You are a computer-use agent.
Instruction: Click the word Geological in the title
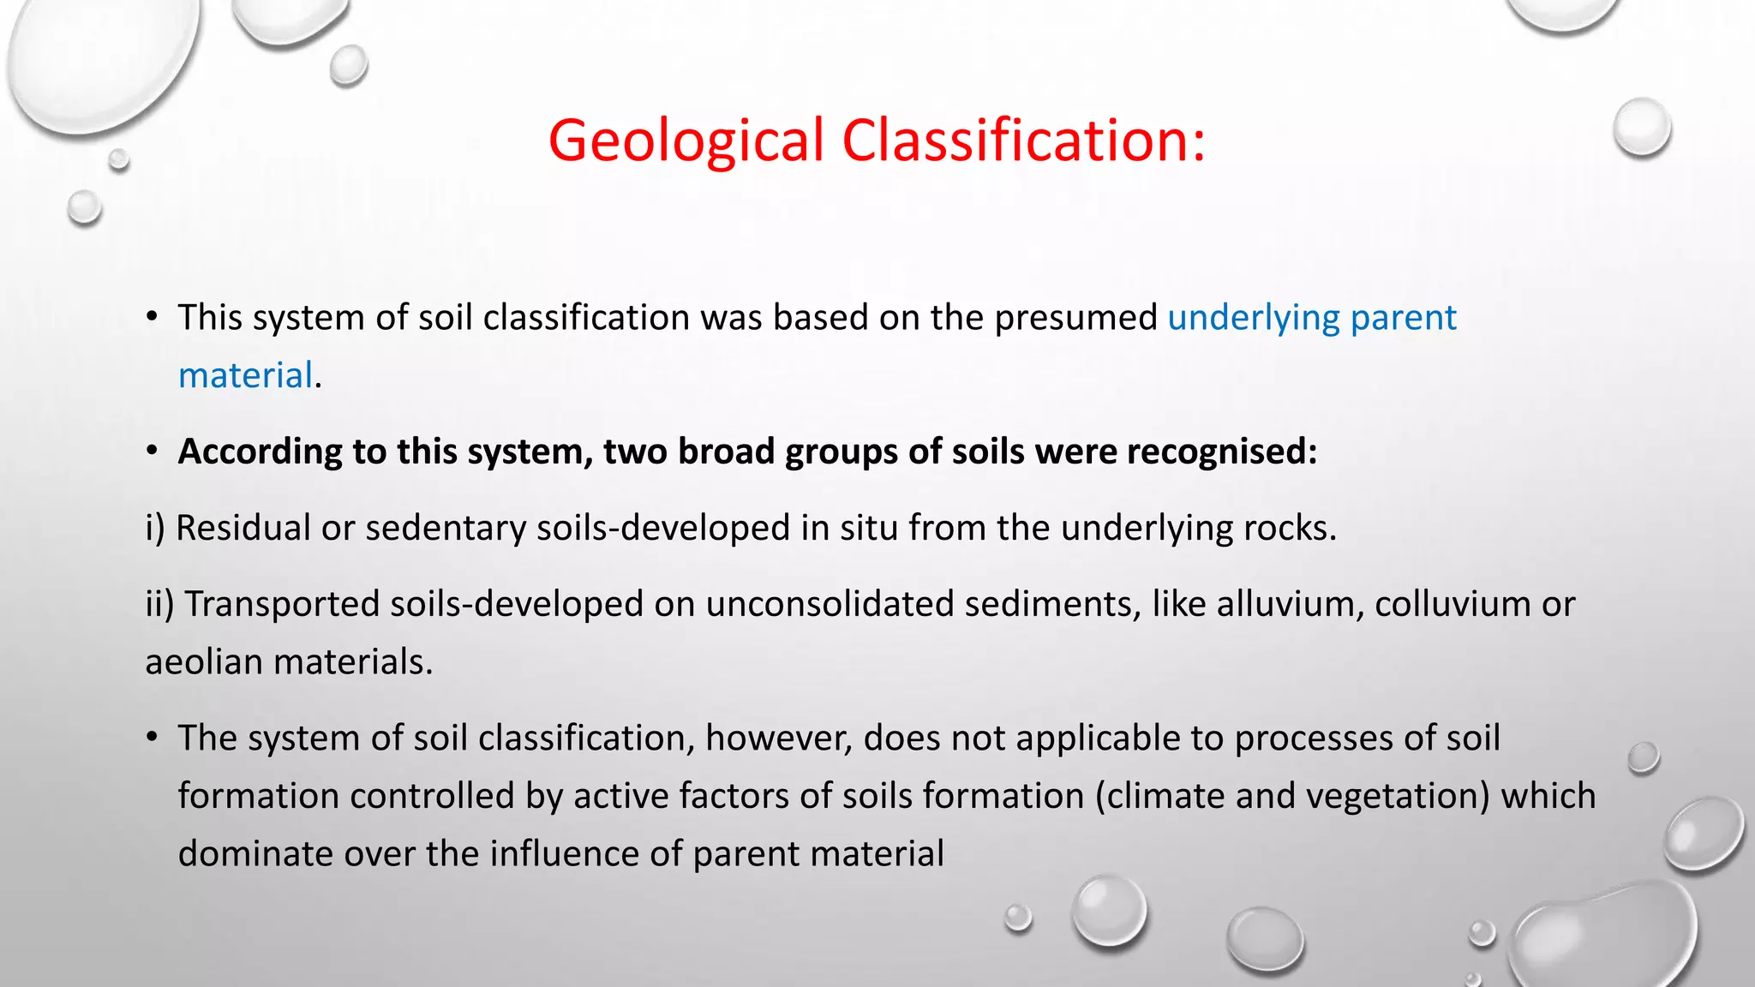pyautogui.click(x=686, y=141)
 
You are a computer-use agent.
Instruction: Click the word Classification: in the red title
pyautogui.click(x=1024, y=141)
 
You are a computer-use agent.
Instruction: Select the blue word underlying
pyautogui.click(x=1254, y=319)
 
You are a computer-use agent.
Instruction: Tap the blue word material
pyautogui.click(x=245, y=376)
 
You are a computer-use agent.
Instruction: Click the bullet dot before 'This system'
pyautogui.click(x=153, y=317)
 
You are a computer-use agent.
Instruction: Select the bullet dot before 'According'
pyautogui.click(x=153, y=451)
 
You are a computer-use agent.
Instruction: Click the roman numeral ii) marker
pyautogui.click(x=159, y=605)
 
